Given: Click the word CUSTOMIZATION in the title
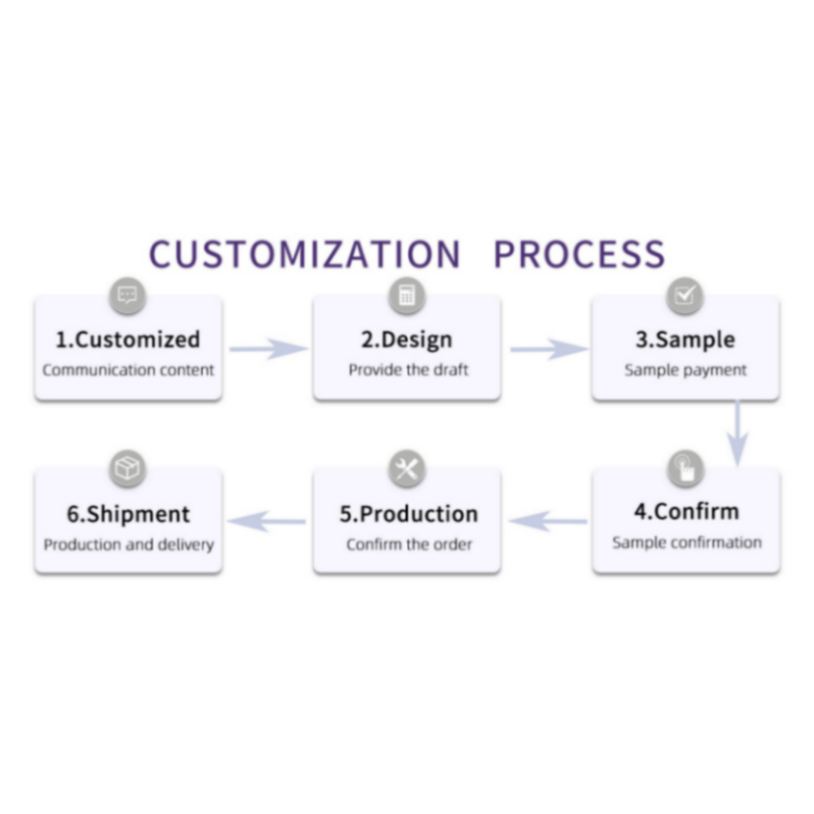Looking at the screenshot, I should (305, 254).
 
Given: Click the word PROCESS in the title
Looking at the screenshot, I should (578, 254).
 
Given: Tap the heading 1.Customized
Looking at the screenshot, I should (128, 340).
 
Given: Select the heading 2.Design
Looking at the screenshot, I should (407, 340).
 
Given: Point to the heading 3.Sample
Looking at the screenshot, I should (685, 340).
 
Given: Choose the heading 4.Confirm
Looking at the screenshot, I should (686, 511).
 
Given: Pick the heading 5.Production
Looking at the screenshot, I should (408, 514).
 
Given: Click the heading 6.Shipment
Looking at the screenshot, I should (128, 514).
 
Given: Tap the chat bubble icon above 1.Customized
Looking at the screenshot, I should (128, 295).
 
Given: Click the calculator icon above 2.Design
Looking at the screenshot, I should (407, 295).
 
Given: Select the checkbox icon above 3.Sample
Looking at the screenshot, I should (685, 295).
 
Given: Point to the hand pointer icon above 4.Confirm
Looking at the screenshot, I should (685, 469).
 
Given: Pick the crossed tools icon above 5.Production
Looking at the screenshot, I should (407, 469).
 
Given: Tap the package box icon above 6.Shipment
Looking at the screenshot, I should (128, 469).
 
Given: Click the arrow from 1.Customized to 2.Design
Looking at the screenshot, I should (267, 348).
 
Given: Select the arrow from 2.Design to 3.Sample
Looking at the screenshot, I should (547, 348).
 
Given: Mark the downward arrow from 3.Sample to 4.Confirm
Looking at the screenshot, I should (737, 433).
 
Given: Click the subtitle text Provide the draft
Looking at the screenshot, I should (408, 370).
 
